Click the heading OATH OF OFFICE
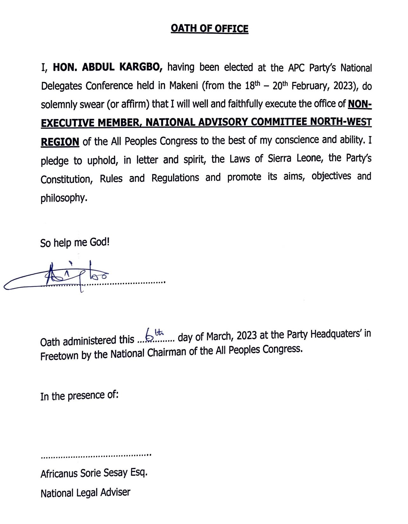(x=209, y=29)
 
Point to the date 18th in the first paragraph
(x=252, y=85)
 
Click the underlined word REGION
(x=60, y=141)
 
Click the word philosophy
(x=64, y=198)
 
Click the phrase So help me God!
(x=75, y=243)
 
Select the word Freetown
(x=59, y=355)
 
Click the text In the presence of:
(x=79, y=396)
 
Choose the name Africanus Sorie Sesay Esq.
(x=94, y=473)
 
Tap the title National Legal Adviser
(x=85, y=493)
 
